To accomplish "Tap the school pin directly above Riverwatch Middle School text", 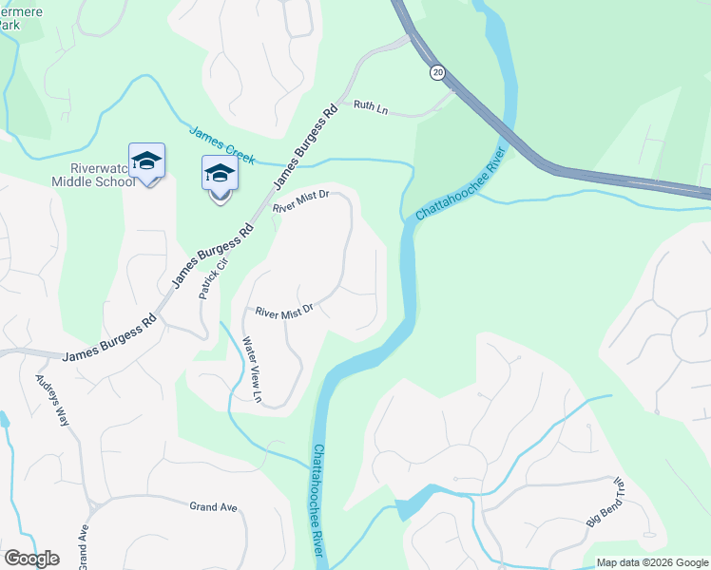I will (147, 161).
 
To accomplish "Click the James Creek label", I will (221, 145).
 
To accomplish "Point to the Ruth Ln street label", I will (371, 109).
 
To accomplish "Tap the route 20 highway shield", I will (437, 72).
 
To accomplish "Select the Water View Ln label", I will (251, 369).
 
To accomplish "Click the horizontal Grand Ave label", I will (213, 507).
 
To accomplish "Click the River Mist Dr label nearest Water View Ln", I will (284, 311).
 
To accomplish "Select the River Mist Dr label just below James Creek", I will (299, 200).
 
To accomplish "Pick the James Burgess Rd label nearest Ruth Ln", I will (305, 148).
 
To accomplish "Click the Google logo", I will (31, 559).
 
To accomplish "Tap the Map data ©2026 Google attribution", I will (652, 562).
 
